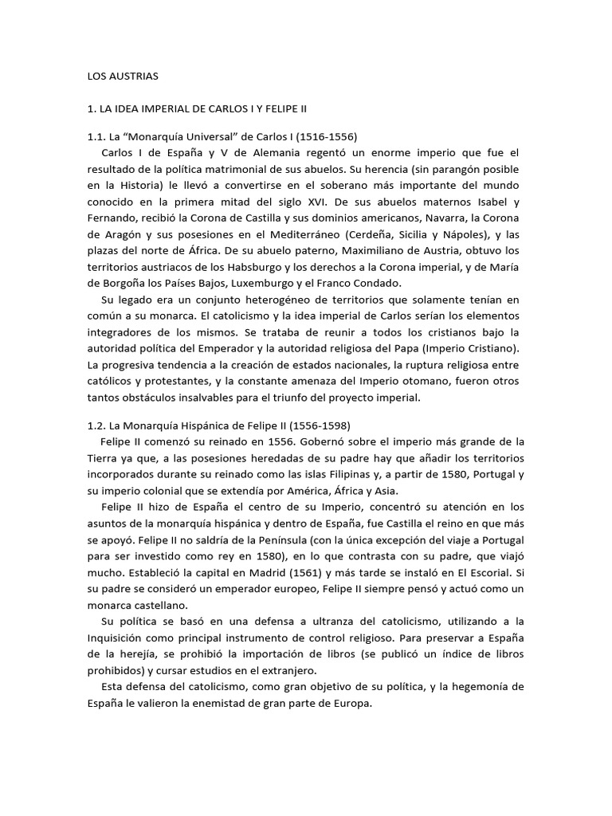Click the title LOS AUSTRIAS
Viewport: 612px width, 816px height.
pos(123,76)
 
